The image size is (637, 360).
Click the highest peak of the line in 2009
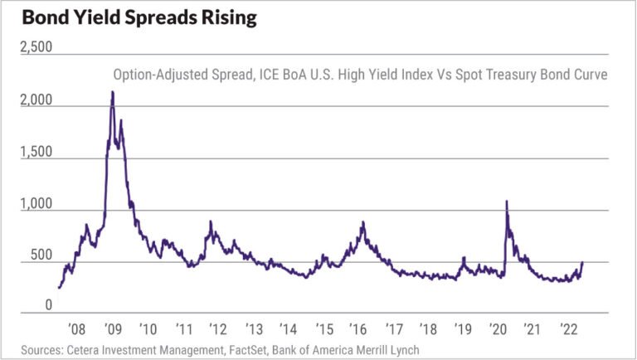coord(112,92)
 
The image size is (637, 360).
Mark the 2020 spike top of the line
coord(506,201)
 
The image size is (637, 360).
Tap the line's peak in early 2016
coord(363,222)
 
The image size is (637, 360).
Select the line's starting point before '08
coord(58,288)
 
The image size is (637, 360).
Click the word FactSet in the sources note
coord(246,349)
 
